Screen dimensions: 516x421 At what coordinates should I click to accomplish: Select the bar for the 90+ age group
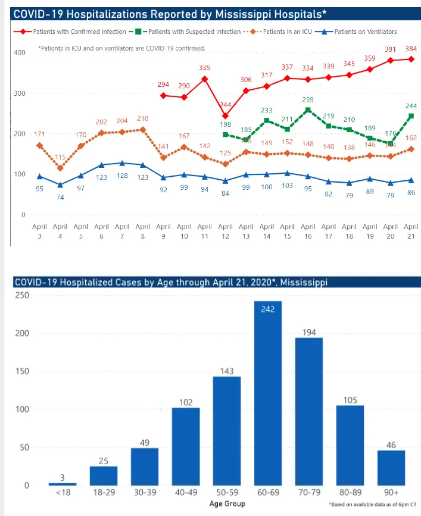coord(391,468)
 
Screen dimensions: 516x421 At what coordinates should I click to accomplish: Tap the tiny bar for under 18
coord(63,484)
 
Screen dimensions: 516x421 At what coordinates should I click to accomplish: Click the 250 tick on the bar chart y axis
coord(22,295)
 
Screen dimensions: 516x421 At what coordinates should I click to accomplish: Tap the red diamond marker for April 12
coord(225,116)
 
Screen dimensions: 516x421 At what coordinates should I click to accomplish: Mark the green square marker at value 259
coord(308,110)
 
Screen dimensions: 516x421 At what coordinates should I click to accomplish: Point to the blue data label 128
coord(122,176)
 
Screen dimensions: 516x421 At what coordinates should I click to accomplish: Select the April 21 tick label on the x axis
coord(411,231)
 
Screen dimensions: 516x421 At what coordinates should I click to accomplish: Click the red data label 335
coord(205,68)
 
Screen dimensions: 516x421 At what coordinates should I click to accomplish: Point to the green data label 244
coord(411,106)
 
